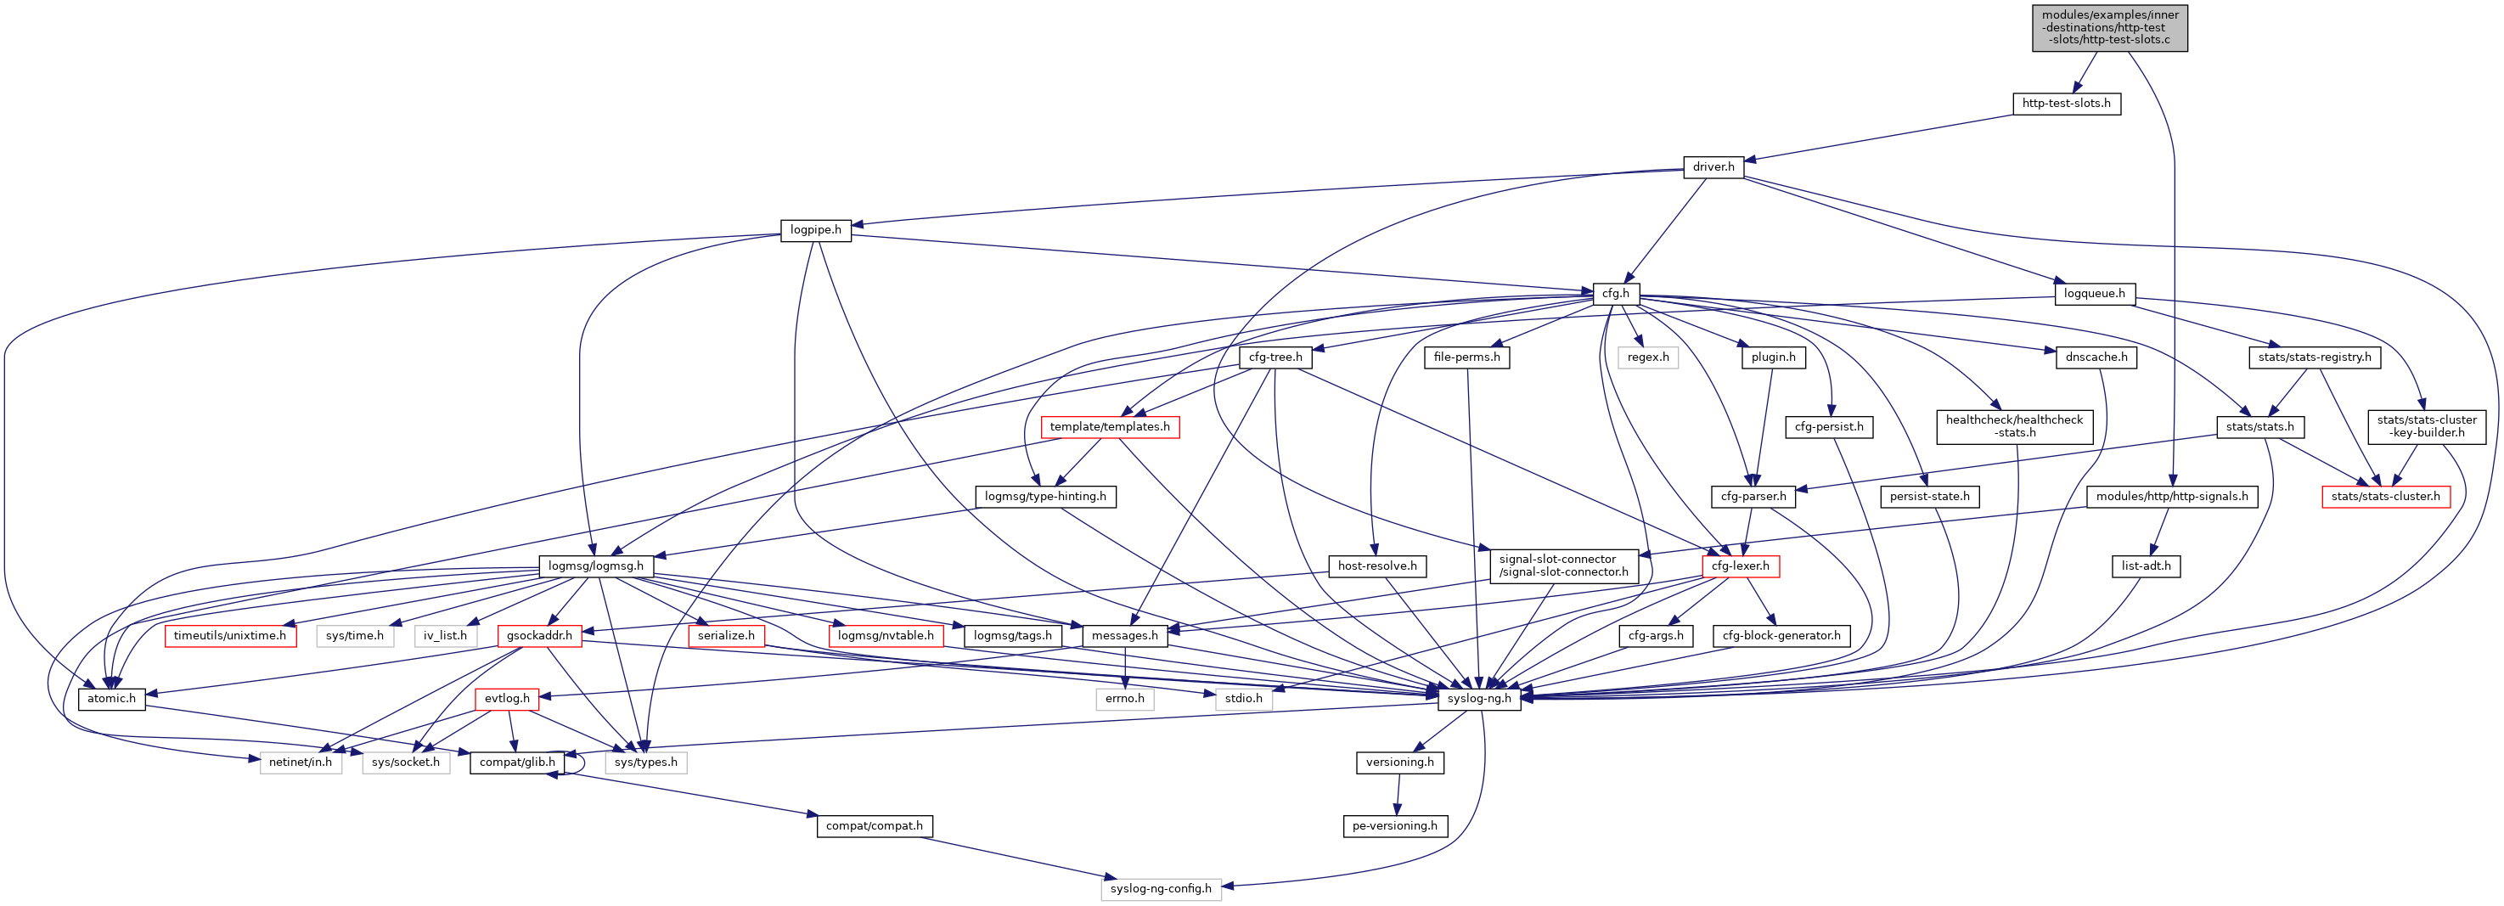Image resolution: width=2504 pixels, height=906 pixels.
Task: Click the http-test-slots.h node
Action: click(2066, 103)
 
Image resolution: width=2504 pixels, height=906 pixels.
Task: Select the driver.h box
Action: click(1713, 167)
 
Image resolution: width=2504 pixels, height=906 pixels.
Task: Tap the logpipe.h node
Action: click(814, 230)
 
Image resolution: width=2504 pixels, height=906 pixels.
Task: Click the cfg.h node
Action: click(1616, 294)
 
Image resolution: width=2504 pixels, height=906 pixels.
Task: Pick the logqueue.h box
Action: click(2094, 294)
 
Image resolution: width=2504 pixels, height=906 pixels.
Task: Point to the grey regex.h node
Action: click(1647, 357)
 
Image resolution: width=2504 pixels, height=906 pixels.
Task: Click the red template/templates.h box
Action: click(1109, 427)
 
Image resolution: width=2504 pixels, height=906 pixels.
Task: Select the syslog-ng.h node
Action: click(1478, 699)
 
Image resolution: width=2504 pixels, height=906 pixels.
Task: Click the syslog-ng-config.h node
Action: click(1161, 888)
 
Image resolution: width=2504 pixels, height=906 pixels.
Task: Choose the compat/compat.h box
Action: click(874, 826)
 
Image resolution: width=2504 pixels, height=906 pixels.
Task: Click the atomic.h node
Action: click(111, 699)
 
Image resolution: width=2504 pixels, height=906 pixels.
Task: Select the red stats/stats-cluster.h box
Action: click(2384, 497)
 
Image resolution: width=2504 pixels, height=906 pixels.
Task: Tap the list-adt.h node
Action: click(2146, 566)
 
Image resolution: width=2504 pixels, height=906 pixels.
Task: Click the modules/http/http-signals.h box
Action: click(2171, 497)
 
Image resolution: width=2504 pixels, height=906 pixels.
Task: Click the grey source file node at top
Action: click(2108, 27)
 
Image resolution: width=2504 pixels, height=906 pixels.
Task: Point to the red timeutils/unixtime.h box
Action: click(229, 636)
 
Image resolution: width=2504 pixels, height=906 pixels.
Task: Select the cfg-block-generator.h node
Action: click(1781, 636)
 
